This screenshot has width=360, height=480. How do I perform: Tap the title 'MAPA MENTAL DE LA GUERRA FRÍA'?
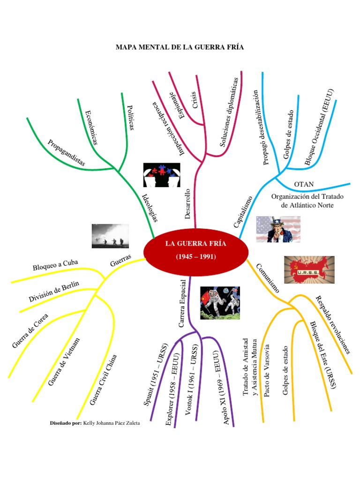180,47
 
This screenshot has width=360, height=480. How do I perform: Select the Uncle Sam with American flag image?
278,229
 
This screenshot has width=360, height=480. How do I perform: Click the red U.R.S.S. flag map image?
309,270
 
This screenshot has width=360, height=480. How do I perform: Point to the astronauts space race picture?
219,303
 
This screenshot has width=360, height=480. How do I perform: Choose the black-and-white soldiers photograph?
110,236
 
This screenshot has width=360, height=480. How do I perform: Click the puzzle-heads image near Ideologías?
161,175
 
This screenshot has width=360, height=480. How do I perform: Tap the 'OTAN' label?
304,184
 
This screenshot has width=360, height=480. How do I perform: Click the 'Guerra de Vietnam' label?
64,362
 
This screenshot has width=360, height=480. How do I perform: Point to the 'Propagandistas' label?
67,152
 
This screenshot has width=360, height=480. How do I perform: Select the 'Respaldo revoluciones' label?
333,323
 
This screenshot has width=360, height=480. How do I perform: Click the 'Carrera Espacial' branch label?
183,304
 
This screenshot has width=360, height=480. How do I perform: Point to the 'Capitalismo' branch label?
243,212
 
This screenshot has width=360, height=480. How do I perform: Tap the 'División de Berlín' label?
54,291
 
